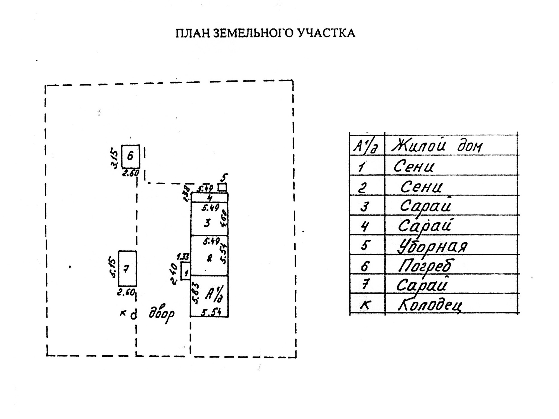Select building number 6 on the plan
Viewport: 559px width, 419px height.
(x=131, y=156)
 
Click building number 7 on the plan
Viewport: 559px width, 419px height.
(x=127, y=268)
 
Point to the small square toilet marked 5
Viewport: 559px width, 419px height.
(x=222, y=187)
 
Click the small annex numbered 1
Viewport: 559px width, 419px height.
(x=186, y=271)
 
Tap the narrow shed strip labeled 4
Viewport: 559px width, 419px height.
(x=209, y=197)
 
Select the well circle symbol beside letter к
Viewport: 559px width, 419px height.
(x=134, y=315)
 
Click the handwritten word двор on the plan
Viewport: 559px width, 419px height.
(x=161, y=314)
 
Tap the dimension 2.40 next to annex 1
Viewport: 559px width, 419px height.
(x=174, y=275)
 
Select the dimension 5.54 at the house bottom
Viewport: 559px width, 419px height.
(x=212, y=313)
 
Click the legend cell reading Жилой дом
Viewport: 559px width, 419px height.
(x=437, y=146)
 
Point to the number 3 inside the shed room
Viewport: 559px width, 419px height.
(x=207, y=223)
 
